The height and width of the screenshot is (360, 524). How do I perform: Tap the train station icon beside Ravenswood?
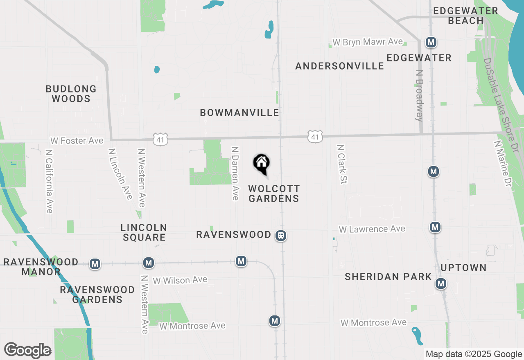coord(281,236)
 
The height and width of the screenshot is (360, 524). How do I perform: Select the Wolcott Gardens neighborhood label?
coord(274,193)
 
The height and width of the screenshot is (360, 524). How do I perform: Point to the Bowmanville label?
coord(239,112)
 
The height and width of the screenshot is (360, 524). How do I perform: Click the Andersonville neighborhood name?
coord(339,66)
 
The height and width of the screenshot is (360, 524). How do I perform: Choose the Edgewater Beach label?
coord(465,16)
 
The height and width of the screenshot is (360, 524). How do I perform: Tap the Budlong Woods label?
coord(71,94)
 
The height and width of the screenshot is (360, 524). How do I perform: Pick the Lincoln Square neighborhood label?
coord(143,232)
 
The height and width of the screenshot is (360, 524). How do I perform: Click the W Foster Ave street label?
coord(77,141)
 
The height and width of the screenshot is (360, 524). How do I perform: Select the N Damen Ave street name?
coord(235,173)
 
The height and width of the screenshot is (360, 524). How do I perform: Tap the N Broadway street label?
coord(420,95)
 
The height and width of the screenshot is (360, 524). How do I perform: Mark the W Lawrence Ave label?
coord(372,229)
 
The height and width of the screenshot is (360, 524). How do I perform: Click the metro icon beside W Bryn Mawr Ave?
coord(431,42)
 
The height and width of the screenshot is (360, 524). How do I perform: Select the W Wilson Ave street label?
coord(180,280)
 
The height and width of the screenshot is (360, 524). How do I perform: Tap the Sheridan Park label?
coord(388,277)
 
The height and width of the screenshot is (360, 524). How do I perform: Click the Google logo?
coord(28,350)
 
